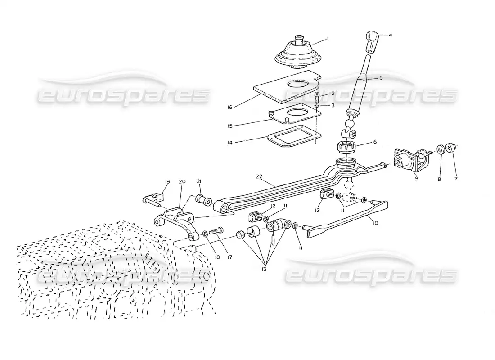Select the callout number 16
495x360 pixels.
point(229,108)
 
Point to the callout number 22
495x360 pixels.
point(259,176)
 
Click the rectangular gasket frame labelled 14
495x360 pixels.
point(294,136)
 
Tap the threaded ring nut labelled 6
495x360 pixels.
point(347,147)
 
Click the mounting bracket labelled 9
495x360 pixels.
point(412,160)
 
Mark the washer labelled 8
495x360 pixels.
point(440,149)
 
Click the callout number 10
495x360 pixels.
point(375,223)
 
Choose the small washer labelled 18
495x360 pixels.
point(205,234)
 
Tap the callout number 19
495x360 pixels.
point(167,182)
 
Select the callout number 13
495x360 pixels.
point(264,269)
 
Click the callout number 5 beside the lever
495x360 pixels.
point(381,78)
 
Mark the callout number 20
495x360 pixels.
point(182,182)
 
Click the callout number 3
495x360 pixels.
point(333,105)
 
